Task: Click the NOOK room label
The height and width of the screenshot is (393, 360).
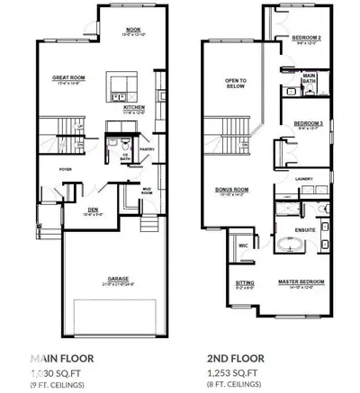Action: (x=132, y=28)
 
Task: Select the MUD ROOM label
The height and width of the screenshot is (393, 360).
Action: (x=147, y=189)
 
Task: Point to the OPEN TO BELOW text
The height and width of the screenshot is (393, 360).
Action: (x=237, y=82)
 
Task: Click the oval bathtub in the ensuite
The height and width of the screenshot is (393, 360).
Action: (x=288, y=245)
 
